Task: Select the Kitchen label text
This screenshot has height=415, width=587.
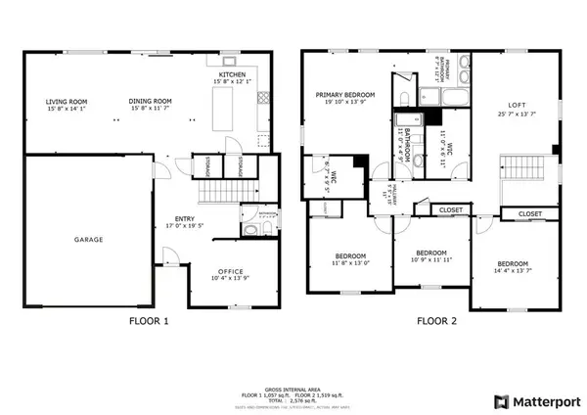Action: click(x=232, y=74)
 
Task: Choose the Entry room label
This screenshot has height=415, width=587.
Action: click(x=184, y=219)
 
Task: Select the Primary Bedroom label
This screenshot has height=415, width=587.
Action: click(x=345, y=95)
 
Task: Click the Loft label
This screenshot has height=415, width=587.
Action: click(x=516, y=105)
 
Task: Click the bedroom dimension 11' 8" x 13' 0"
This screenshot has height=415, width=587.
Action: click(x=350, y=263)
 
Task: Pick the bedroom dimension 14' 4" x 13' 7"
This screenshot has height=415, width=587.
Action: click(x=513, y=271)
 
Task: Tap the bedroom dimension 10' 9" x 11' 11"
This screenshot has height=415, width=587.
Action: click(x=431, y=259)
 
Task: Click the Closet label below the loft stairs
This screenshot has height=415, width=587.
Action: click(x=529, y=213)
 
